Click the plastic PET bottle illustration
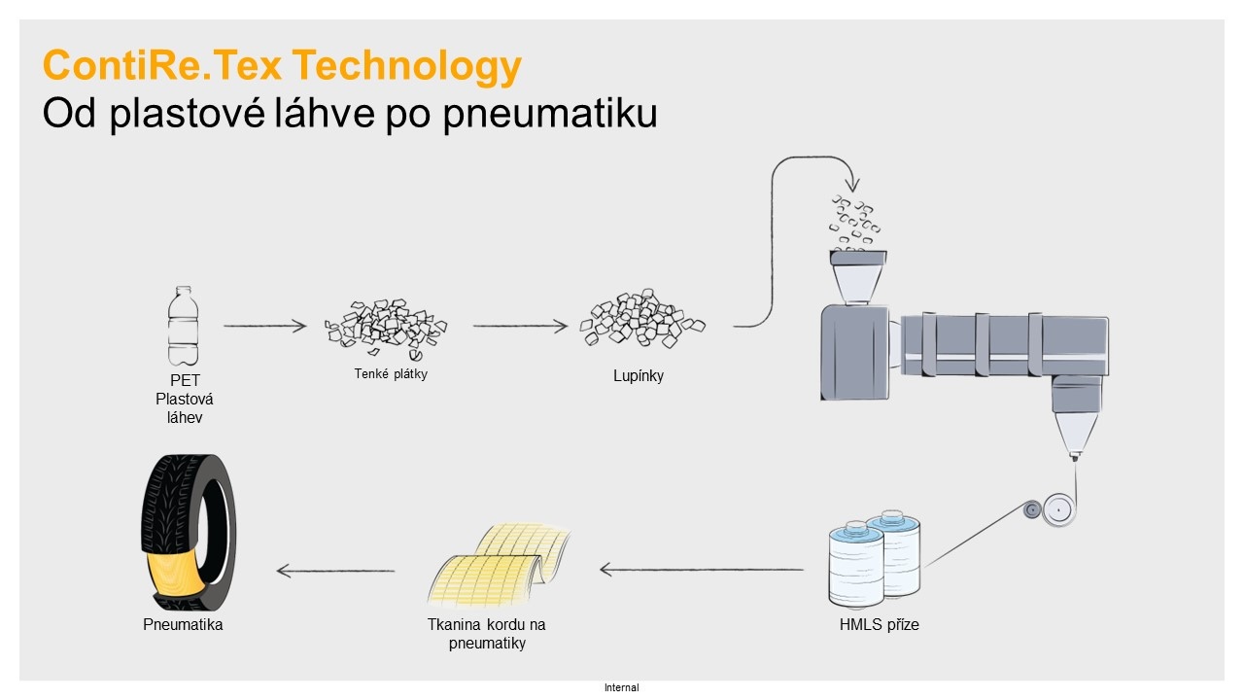(x=183, y=325)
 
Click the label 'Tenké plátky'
(x=391, y=374)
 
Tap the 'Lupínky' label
(x=639, y=375)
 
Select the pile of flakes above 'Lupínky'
(x=641, y=320)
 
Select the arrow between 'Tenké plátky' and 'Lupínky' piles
(x=520, y=327)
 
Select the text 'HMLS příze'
(x=879, y=625)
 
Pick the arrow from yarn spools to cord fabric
(x=702, y=570)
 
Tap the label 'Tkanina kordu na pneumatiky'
(x=486, y=634)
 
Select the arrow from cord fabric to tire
(x=335, y=571)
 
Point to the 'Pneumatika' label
(x=183, y=625)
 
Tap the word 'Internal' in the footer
(x=622, y=687)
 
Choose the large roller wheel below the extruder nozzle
(x=1057, y=509)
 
